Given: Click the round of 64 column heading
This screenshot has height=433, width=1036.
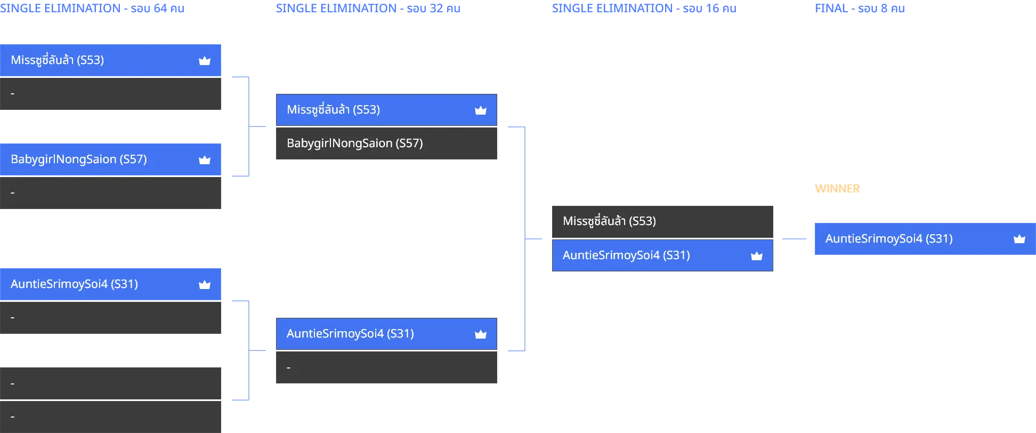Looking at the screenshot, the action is click(x=92, y=9).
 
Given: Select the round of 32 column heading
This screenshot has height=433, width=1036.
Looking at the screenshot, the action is click(x=368, y=9).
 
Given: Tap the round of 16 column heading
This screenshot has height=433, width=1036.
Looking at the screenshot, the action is click(x=644, y=9).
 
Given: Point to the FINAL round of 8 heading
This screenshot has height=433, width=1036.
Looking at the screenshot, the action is click(x=860, y=9).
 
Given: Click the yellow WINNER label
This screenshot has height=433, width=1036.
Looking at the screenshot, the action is click(x=837, y=189).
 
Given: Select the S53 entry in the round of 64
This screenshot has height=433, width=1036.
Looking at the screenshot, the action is click(x=110, y=60).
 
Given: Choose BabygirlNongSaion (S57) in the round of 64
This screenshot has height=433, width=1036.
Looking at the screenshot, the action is click(x=110, y=159).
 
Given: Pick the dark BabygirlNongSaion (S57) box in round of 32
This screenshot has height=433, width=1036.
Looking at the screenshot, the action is click(x=386, y=143).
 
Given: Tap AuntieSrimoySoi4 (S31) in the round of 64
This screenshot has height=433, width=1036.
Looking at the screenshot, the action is click(x=110, y=284).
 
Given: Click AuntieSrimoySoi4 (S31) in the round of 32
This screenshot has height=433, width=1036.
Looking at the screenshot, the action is click(x=386, y=334).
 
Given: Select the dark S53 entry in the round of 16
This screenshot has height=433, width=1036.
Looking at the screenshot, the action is click(x=662, y=221).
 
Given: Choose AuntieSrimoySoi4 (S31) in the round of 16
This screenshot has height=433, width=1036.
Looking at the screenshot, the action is click(x=662, y=255).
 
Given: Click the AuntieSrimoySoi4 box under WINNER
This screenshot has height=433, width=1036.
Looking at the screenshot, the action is click(x=925, y=239).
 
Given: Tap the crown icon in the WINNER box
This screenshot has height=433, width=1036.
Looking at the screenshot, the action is click(x=1019, y=239).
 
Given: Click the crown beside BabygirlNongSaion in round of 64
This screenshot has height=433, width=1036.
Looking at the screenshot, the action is click(x=205, y=160).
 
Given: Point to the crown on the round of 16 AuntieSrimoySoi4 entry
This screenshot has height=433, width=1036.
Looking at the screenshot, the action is click(x=757, y=256).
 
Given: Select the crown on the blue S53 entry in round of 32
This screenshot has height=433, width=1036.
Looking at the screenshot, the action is click(x=481, y=110).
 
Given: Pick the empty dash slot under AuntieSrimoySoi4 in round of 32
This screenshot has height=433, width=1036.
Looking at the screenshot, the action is click(x=386, y=367).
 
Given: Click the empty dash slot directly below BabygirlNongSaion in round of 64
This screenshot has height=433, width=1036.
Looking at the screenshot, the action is click(x=110, y=193).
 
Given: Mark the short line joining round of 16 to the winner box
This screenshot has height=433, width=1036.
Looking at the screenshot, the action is click(x=794, y=239).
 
